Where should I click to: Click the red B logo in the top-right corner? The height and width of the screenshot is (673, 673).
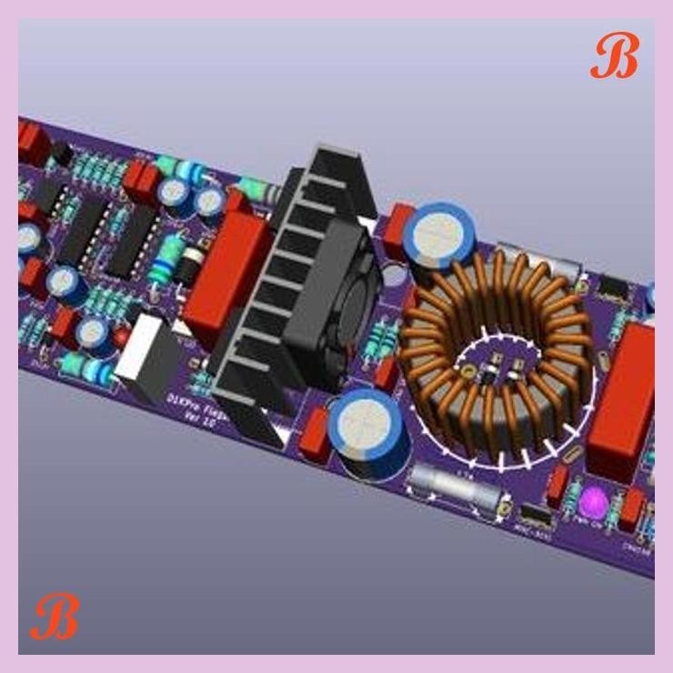pyautogui.click(x=614, y=56)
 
